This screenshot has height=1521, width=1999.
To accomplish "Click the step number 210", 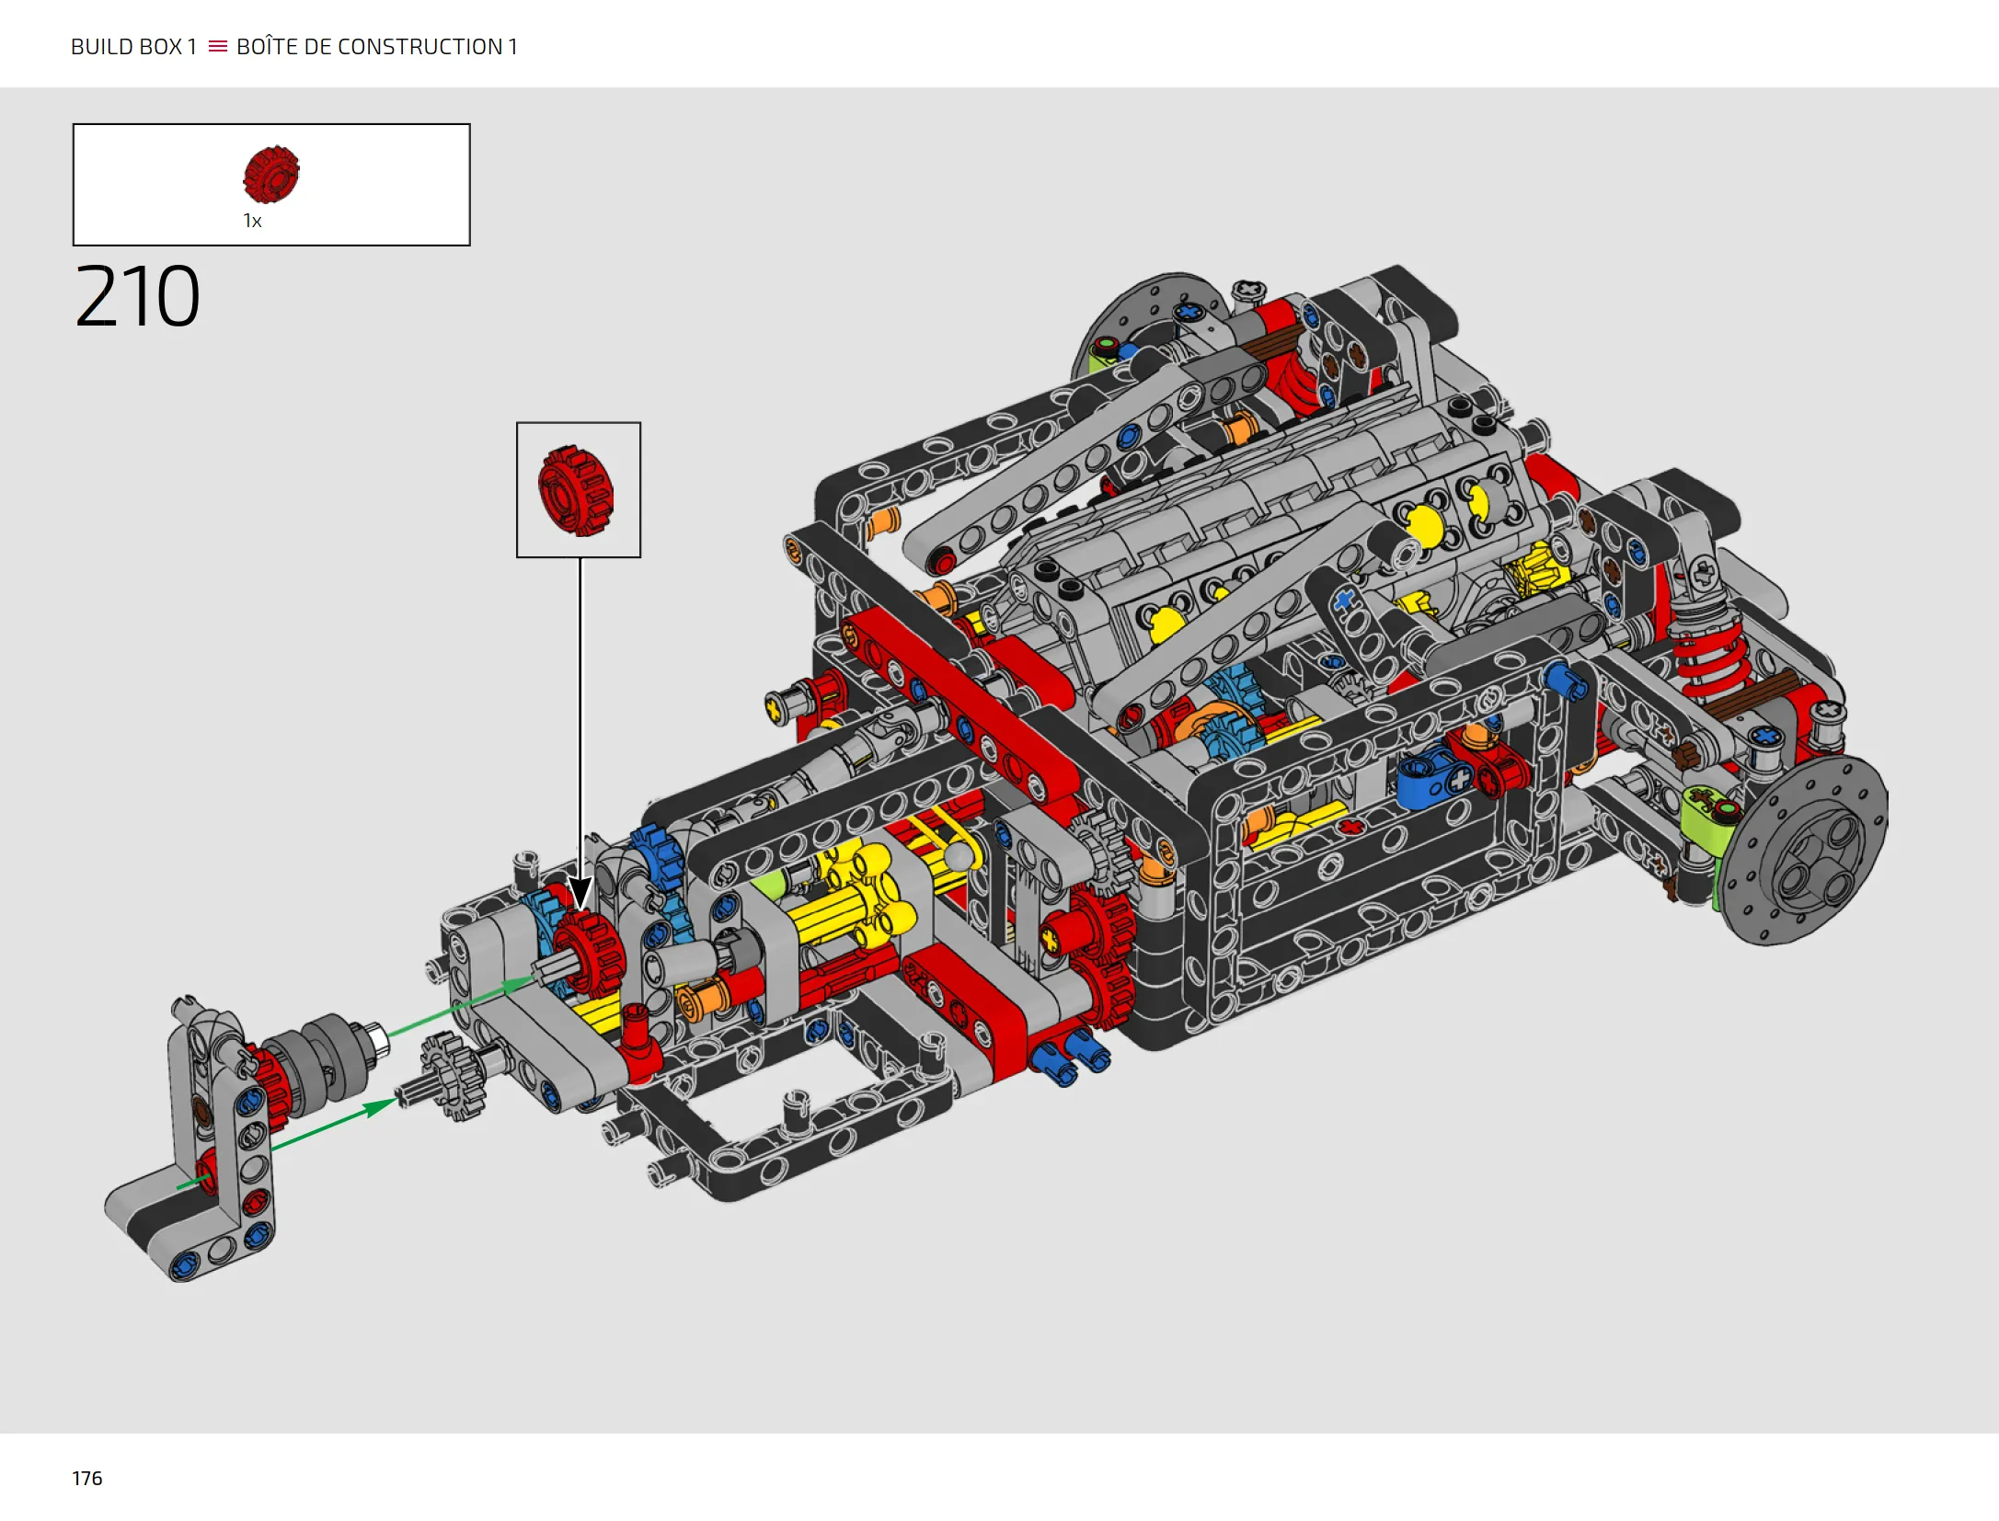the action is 137,296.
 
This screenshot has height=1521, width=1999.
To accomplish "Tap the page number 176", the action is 87,1478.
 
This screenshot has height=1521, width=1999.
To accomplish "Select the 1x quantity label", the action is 252,221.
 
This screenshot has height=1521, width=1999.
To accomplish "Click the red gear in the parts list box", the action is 271,174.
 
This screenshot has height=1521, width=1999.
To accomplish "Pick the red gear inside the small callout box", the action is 576,490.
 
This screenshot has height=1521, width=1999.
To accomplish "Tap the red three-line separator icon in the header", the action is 218,46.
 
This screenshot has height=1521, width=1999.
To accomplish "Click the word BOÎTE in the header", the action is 267,46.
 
